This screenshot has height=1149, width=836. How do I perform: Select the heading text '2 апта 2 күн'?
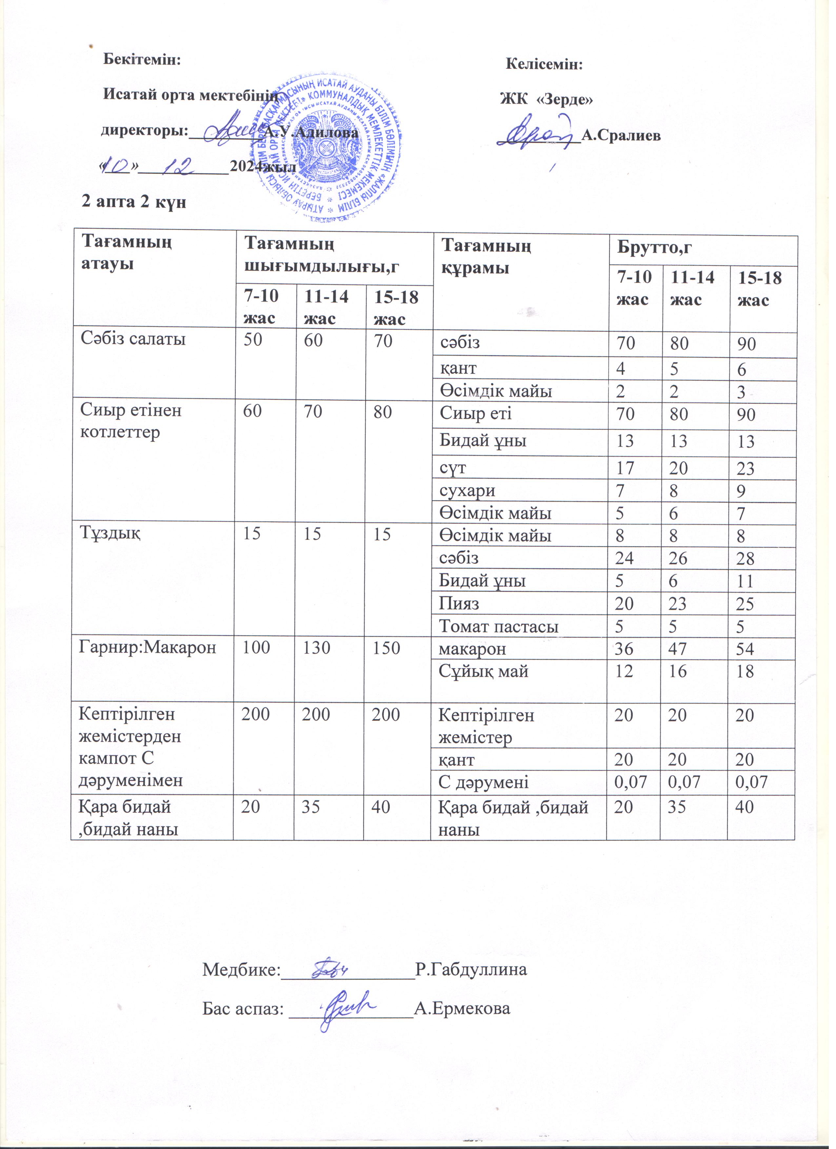pos(135,203)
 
